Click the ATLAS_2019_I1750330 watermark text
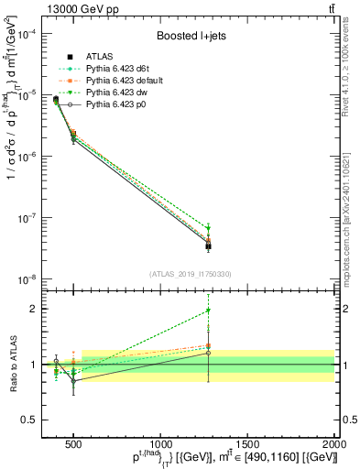[x=191, y=274]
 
